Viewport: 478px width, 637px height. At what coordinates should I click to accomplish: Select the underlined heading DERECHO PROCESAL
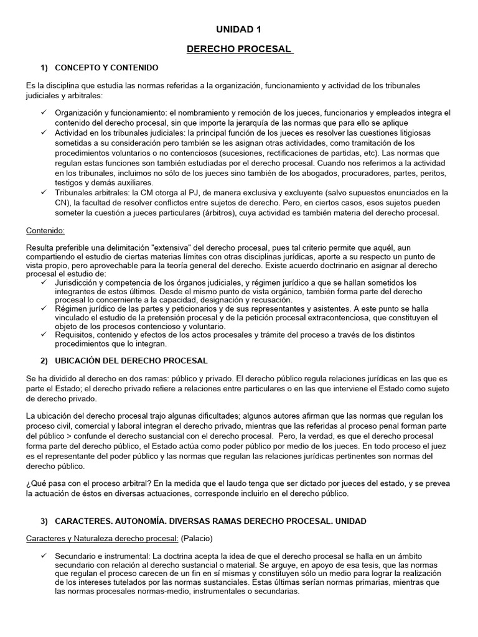(239, 49)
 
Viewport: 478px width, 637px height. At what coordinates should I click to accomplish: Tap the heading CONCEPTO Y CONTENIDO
(106, 67)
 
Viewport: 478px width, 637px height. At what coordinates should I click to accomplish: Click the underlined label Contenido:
(45, 230)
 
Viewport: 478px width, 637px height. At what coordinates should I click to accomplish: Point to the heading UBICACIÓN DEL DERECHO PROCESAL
(131, 361)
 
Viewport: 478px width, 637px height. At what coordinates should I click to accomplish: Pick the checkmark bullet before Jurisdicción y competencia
(44, 282)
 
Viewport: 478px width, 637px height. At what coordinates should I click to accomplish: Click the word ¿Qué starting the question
(36, 483)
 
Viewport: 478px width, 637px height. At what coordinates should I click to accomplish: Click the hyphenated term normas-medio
(147, 592)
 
